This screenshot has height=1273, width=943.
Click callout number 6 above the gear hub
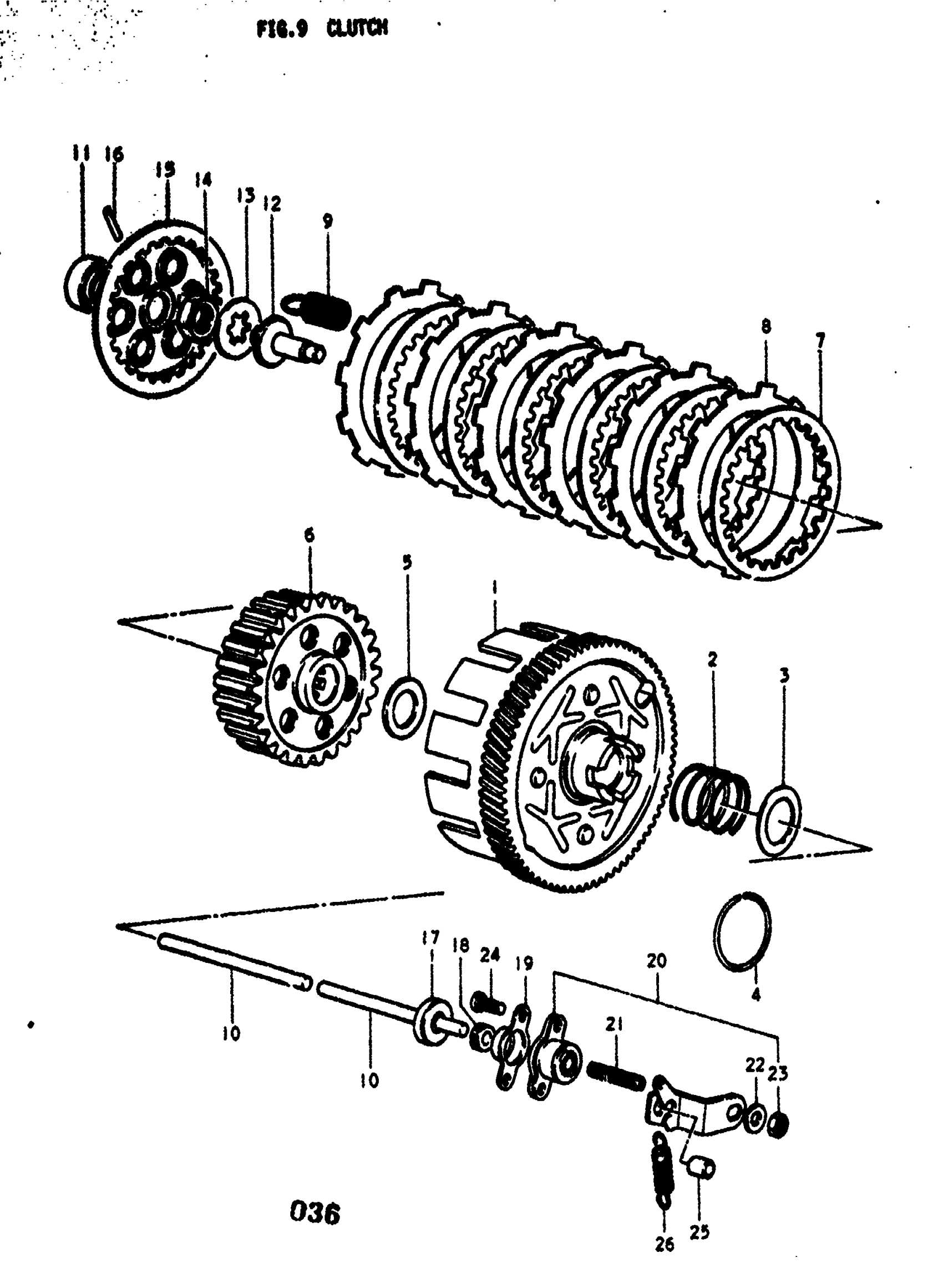tap(309, 535)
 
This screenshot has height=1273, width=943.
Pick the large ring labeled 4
tap(742, 931)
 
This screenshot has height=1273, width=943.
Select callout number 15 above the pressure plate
tap(165, 170)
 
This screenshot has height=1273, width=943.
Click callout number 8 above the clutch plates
tap(765, 327)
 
